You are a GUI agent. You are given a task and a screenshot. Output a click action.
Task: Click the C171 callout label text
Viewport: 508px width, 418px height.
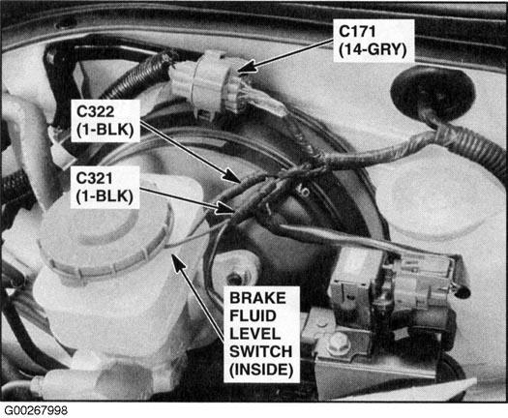pos(357,32)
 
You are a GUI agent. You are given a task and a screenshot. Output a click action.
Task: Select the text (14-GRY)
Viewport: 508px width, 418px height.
pos(373,49)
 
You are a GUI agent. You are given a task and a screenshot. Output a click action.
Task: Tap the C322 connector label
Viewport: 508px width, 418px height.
pos(95,112)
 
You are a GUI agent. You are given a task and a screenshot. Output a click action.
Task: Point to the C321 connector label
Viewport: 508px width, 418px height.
pos(94,178)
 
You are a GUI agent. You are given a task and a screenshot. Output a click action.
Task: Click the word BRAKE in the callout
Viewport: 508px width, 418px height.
pos(257,298)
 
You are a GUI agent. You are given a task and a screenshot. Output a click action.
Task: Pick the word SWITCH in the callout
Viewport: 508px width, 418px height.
pos(261,351)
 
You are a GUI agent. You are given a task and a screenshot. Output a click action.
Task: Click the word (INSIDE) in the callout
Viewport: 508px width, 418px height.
pos(261,370)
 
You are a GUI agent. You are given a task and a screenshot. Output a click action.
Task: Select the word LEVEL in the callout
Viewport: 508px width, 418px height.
pos(255,334)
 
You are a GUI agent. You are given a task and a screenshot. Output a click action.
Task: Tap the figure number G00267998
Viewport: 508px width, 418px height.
pos(36,410)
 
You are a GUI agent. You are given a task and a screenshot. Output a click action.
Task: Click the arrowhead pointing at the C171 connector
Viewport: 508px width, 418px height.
pos(246,67)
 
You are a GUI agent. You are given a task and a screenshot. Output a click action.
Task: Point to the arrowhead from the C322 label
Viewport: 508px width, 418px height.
pos(231,176)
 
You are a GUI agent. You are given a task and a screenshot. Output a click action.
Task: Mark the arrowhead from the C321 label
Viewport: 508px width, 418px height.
pos(226,208)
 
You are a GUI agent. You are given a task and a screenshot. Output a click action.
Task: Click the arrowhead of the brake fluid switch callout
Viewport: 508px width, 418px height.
pos(177,262)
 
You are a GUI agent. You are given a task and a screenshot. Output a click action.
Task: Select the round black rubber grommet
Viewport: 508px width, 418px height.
pos(433,92)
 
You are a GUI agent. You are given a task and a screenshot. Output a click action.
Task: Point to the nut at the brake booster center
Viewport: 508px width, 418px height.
pos(234,278)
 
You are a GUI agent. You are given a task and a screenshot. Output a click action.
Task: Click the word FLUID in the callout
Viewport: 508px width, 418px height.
pos(253,316)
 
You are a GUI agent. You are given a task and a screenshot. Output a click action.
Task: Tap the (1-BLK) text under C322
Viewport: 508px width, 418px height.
pos(105,130)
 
